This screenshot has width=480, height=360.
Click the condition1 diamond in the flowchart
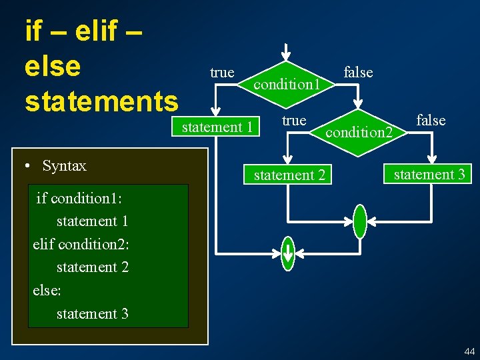[287, 85]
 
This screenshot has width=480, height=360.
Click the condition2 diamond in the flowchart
[358, 132]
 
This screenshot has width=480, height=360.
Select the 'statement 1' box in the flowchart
[217, 127]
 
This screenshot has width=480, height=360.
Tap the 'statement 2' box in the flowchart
[289, 175]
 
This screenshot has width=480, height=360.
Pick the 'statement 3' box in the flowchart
[429, 175]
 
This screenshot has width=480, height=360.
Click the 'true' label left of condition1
[222, 72]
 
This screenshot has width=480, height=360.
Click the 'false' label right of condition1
[358, 72]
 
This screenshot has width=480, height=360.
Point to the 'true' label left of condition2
[294, 120]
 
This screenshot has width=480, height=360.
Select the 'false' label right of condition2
[431, 120]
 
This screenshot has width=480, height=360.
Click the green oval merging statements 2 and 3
[360, 221]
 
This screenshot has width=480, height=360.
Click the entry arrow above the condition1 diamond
[285, 51]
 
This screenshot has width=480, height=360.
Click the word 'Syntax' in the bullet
[64, 166]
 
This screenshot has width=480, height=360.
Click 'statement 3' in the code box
[93, 313]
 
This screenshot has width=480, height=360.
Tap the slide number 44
[469, 351]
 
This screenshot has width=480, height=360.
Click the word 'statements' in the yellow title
[101, 101]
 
